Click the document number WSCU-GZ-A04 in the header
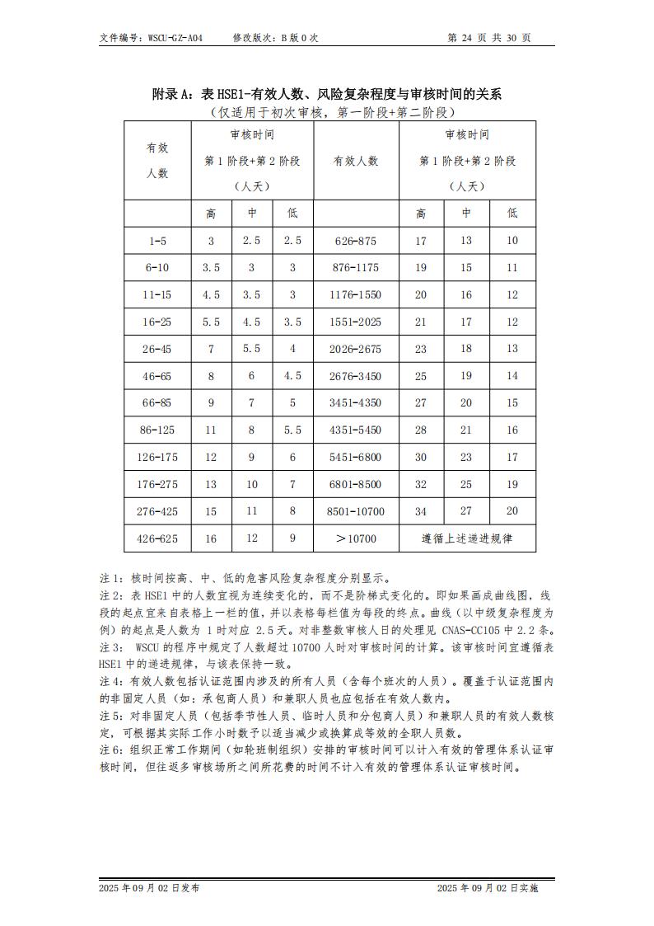point(175,38)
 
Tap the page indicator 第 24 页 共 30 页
point(488,38)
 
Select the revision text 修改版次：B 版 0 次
point(275,38)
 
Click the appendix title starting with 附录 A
point(326,94)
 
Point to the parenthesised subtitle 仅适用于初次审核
point(327,112)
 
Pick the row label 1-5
point(157,241)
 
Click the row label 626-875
point(356,241)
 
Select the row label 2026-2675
point(356,349)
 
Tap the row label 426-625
point(157,538)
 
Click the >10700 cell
point(356,538)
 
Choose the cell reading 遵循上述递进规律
point(467,538)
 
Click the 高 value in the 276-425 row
point(211,511)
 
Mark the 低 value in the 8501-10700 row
point(512,511)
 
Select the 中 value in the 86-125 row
point(252,430)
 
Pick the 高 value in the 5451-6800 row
point(421,457)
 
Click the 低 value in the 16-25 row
point(292,322)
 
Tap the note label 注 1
point(110,577)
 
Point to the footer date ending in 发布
point(149,888)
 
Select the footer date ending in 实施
point(488,888)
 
